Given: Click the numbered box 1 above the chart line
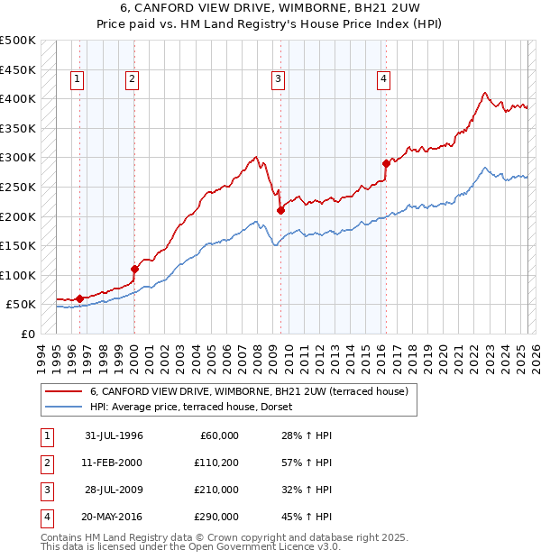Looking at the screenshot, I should coord(78,79).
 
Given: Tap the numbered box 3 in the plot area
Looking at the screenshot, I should coord(278,79).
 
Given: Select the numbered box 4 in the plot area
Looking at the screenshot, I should coord(383,79).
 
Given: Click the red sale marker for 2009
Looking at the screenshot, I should coord(280,210).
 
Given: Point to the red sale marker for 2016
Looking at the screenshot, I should coord(386,163).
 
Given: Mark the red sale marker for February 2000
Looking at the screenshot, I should coord(134,269).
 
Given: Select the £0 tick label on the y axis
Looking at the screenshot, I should coord(28,334).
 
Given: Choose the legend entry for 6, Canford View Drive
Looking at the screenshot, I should coord(249,391).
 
